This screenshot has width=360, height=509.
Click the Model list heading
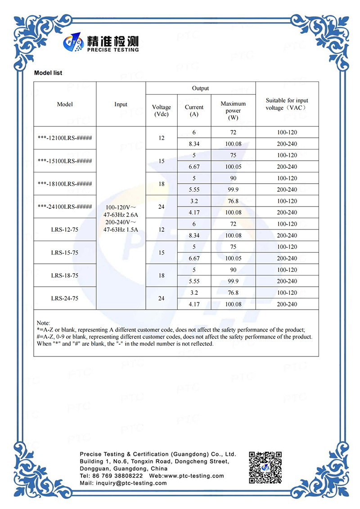coord(48,73)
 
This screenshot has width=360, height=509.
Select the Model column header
coord(65,104)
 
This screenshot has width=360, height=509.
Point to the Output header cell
coord(200,89)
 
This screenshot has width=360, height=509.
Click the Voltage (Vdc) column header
coord(162,111)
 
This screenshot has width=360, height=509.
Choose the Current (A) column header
coord(194,111)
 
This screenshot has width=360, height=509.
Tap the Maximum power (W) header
coord(233,111)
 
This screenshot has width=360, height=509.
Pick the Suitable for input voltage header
coord(287,104)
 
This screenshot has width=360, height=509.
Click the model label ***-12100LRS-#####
coord(65,138)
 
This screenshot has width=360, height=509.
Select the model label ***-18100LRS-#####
coord(65,184)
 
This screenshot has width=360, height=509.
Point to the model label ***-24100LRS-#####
coord(65,207)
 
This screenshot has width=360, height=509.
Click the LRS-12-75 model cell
coord(65,230)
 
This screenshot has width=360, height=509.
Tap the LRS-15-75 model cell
coord(65,252)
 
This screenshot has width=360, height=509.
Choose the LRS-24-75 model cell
coord(65,298)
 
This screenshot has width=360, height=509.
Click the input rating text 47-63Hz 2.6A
coord(121,215)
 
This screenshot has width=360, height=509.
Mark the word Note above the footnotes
coord(43,323)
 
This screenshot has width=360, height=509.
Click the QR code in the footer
coord(265,468)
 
